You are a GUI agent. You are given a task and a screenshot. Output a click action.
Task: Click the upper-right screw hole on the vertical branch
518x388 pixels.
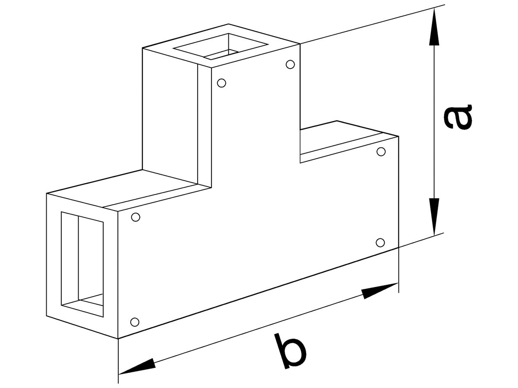pos(290,64)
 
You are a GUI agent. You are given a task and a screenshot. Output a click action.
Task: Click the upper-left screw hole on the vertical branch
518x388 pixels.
pos(221,83)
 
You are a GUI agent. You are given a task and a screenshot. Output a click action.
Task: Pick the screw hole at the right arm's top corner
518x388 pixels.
pos(381,152)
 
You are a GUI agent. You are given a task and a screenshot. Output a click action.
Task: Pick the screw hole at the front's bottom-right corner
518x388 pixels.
pos(380,242)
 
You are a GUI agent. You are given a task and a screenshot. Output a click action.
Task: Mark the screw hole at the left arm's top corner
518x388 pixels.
pos(136,217)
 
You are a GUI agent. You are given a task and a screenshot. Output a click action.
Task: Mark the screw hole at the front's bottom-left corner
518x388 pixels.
pos(135,322)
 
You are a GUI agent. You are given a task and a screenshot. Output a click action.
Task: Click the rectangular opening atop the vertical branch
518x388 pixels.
pos(221,46)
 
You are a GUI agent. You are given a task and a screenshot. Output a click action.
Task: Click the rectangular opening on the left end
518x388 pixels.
pos(82,264)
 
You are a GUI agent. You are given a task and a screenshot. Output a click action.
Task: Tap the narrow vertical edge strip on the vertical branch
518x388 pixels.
pos(204,126)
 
